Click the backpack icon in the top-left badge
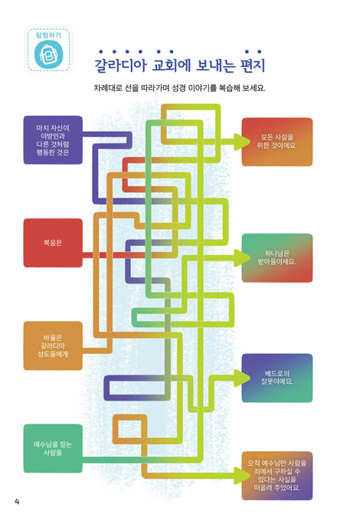(x=48, y=54)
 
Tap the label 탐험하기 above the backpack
(x=48, y=35)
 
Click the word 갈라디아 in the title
(x=120, y=65)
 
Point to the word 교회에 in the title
(x=172, y=65)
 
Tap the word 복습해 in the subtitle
(x=230, y=88)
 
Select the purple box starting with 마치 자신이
(x=53, y=140)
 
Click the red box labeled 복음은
(x=53, y=243)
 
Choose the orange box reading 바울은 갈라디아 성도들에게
(x=53, y=345)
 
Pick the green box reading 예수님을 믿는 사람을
(x=53, y=448)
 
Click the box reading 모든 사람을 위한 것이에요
(x=277, y=142)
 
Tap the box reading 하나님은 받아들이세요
(x=277, y=258)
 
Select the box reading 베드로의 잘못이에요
(x=277, y=378)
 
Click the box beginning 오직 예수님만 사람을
(x=277, y=476)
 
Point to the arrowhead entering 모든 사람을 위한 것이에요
(x=241, y=142)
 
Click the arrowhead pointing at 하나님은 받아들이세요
(x=241, y=258)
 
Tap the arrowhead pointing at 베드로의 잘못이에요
(x=241, y=378)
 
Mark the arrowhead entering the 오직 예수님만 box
(x=241, y=476)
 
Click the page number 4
(x=17, y=502)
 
